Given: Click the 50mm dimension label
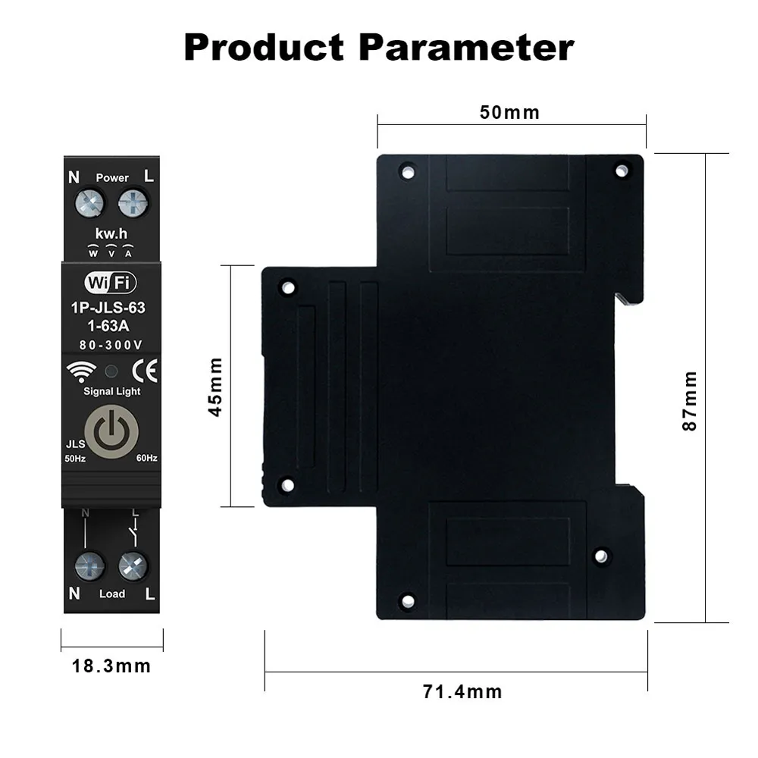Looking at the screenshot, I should click(x=510, y=113).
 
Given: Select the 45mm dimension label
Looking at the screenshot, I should click(x=216, y=387).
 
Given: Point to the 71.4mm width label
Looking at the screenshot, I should click(x=462, y=691).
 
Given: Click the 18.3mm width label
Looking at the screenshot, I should click(x=111, y=666).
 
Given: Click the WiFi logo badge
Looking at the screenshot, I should click(x=111, y=283).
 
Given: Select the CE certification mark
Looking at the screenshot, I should click(x=144, y=371).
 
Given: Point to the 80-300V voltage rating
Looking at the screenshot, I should click(x=111, y=345).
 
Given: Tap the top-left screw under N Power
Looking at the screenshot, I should click(x=90, y=202).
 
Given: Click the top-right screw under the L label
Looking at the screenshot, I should click(x=133, y=202).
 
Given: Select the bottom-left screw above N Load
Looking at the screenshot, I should click(x=90, y=566).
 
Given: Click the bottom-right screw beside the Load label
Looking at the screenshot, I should click(x=133, y=566).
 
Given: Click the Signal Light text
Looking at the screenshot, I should click(x=111, y=391).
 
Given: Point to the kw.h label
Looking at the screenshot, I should click(x=111, y=233).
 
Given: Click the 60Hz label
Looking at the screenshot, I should click(x=146, y=458).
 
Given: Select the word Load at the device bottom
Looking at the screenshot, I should click(x=112, y=594).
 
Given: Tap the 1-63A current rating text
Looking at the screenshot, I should click(x=111, y=327).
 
